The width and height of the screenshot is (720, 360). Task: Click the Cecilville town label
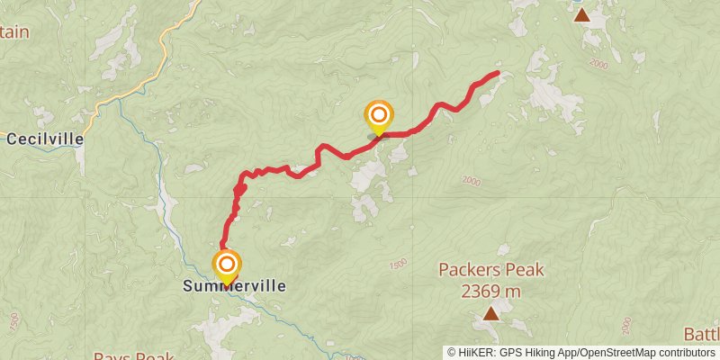click(x=45, y=139)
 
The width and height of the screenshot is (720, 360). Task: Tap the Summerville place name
click(x=234, y=286)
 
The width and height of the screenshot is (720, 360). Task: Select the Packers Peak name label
click(x=491, y=269)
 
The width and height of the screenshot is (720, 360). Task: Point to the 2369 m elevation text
click(x=491, y=291)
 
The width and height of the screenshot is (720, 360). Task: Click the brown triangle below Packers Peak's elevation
click(x=490, y=313)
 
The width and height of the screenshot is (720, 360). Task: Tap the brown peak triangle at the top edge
click(x=582, y=14)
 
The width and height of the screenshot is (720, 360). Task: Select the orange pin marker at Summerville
click(x=227, y=265)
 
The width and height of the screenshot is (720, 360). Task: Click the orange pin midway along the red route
click(x=379, y=115)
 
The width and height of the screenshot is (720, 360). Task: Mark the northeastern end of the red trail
click(x=498, y=73)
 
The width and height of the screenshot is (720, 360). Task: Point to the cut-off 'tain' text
click(x=15, y=32)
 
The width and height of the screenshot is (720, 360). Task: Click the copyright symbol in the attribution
click(x=453, y=352)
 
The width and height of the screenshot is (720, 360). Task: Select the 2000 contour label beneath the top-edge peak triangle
click(x=600, y=64)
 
